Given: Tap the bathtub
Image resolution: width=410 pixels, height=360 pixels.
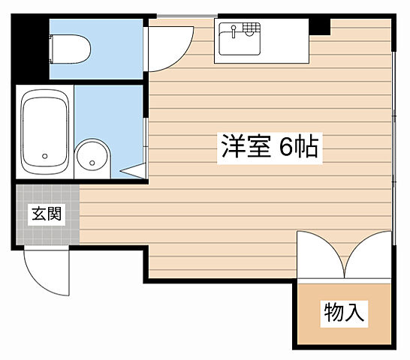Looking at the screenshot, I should click(45, 130).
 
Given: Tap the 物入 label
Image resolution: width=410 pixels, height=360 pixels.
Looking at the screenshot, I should click(344, 312).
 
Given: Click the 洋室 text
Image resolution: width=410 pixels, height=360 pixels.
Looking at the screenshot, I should click(247, 145).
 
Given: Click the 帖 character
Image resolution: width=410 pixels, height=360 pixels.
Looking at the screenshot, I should click(308, 145).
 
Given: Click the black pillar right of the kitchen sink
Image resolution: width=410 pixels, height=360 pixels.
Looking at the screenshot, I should click(321, 26).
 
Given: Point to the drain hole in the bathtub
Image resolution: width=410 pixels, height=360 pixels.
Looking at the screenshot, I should click(45, 157).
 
